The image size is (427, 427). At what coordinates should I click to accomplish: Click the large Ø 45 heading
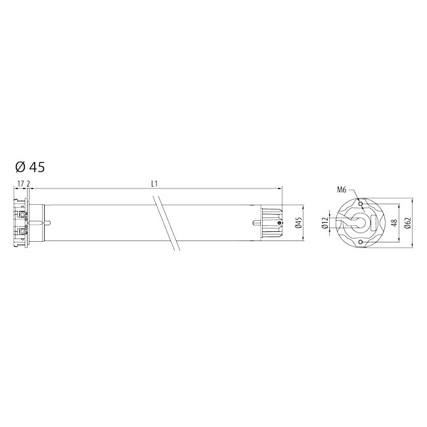click(30, 167)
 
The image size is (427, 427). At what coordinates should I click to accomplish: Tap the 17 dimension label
click(20, 184)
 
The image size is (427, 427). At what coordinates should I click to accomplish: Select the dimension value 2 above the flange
click(28, 184)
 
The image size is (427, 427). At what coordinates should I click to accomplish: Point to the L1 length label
click(154, 184)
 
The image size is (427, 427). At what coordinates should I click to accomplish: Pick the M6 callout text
click(342, 190)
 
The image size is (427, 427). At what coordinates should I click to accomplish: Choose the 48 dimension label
click(394, 223)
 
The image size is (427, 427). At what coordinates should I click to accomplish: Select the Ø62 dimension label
click(408, 223)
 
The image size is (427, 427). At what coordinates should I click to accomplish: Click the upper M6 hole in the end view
click(361, 204)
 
